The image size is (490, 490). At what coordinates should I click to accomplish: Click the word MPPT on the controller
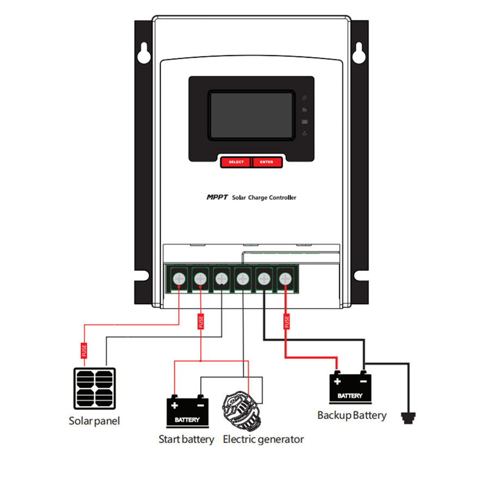[x=217, y=198]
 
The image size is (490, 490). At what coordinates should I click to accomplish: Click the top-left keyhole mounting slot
[x=143, y=53]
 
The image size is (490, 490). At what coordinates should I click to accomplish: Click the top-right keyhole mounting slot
[x=358, y=53]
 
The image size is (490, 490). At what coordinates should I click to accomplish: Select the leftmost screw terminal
[x=179, y=279]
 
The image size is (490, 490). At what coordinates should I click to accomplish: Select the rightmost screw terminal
[x=285, y=279]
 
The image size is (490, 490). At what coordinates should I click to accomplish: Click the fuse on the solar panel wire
[x=84, y=350]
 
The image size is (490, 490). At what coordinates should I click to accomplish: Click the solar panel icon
[x=94, y=388]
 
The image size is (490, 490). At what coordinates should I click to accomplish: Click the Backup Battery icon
[x=350, y=388]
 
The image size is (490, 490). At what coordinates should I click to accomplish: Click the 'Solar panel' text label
[x=94, y=421]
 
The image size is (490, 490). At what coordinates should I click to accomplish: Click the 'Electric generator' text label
[x=264, y=439]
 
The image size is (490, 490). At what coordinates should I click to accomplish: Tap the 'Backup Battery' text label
[x=352, y=415]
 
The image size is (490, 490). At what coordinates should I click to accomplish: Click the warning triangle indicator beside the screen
[x=304, y=133]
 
